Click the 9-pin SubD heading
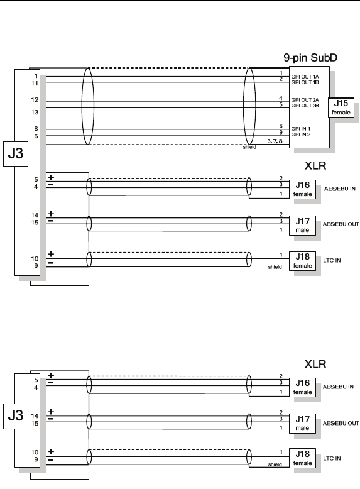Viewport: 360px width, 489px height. click(310, 58)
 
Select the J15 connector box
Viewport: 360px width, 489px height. click(341, 107)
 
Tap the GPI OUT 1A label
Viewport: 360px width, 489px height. click(305, 77)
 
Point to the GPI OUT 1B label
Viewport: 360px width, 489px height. click(305, 82)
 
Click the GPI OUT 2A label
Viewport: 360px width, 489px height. click(305, 100)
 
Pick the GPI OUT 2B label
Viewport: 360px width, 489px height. click(305, 106)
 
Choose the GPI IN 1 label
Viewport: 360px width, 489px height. click(301, 129)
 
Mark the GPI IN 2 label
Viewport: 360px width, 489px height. click(301, 135)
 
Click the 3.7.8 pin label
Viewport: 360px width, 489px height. click(275, 141)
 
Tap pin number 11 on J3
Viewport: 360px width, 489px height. click(35, 84)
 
